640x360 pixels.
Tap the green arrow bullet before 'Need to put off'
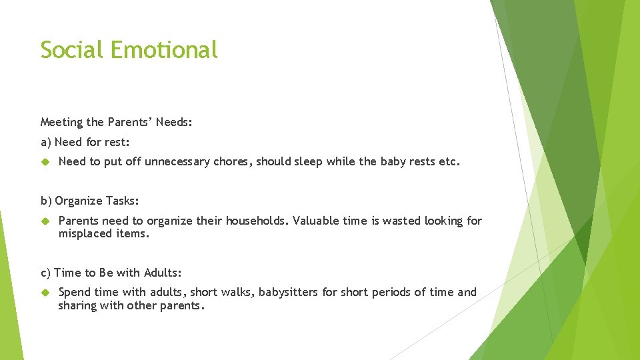click(x=46, y=161)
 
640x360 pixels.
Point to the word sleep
click(x=307, y=161)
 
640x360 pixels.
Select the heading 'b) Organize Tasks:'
click(x=90, y=201)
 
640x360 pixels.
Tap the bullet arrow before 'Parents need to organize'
click(x=46, y=221)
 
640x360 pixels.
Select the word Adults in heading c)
click(x=164, y=273)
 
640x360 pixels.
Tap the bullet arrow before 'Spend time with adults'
click(x=46, y=292)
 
